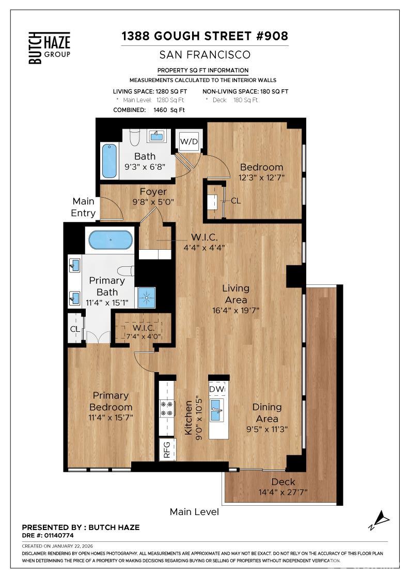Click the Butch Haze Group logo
pos(49,47)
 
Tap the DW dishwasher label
pos(217,389)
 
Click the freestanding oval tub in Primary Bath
pos(111,240)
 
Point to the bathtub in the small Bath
pos(109,160)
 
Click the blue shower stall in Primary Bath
pos(146,297)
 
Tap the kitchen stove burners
pos(167,408)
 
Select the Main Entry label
pos(83,207)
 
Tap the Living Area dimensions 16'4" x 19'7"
pos(235,311)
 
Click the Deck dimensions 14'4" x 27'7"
pos(283,492)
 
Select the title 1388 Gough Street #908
pos(204,36)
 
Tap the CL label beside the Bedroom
pos(235,201)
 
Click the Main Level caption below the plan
pos(194,512)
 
